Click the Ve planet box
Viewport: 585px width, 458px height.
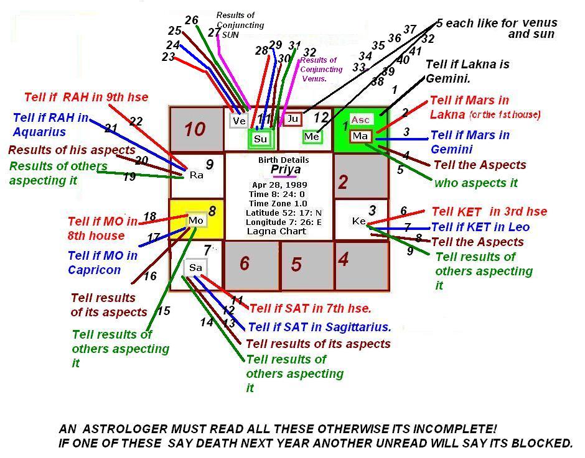(x=239, y=121)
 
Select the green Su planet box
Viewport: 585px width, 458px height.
(x=260, y=139)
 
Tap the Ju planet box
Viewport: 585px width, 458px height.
(x=292, y=119)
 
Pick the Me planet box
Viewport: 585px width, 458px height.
(x=312, y=137)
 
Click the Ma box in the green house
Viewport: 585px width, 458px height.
(x=360, y=135)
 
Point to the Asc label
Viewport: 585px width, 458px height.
(x=360, y=120)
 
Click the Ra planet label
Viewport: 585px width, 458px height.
(x=196, y=175)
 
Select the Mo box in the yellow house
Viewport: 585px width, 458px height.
(x=196, y=221)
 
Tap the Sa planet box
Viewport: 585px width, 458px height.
(x=196, y=268)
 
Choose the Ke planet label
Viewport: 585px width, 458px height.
(x=358, y=221)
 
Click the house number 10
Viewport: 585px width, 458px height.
(x=194, y=129)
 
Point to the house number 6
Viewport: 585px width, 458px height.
(x=245, y=264)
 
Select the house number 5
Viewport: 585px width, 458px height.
(x=296, y=265)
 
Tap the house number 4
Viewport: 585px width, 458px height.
(x=343, y=259)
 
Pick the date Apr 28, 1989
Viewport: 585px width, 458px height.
(x=279, y=185)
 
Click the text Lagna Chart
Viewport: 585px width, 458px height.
(x=277, y=231)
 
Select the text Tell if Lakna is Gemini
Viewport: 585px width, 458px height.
(x=467, y=71)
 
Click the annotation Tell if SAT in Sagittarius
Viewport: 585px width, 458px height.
(x=319, y=327)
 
